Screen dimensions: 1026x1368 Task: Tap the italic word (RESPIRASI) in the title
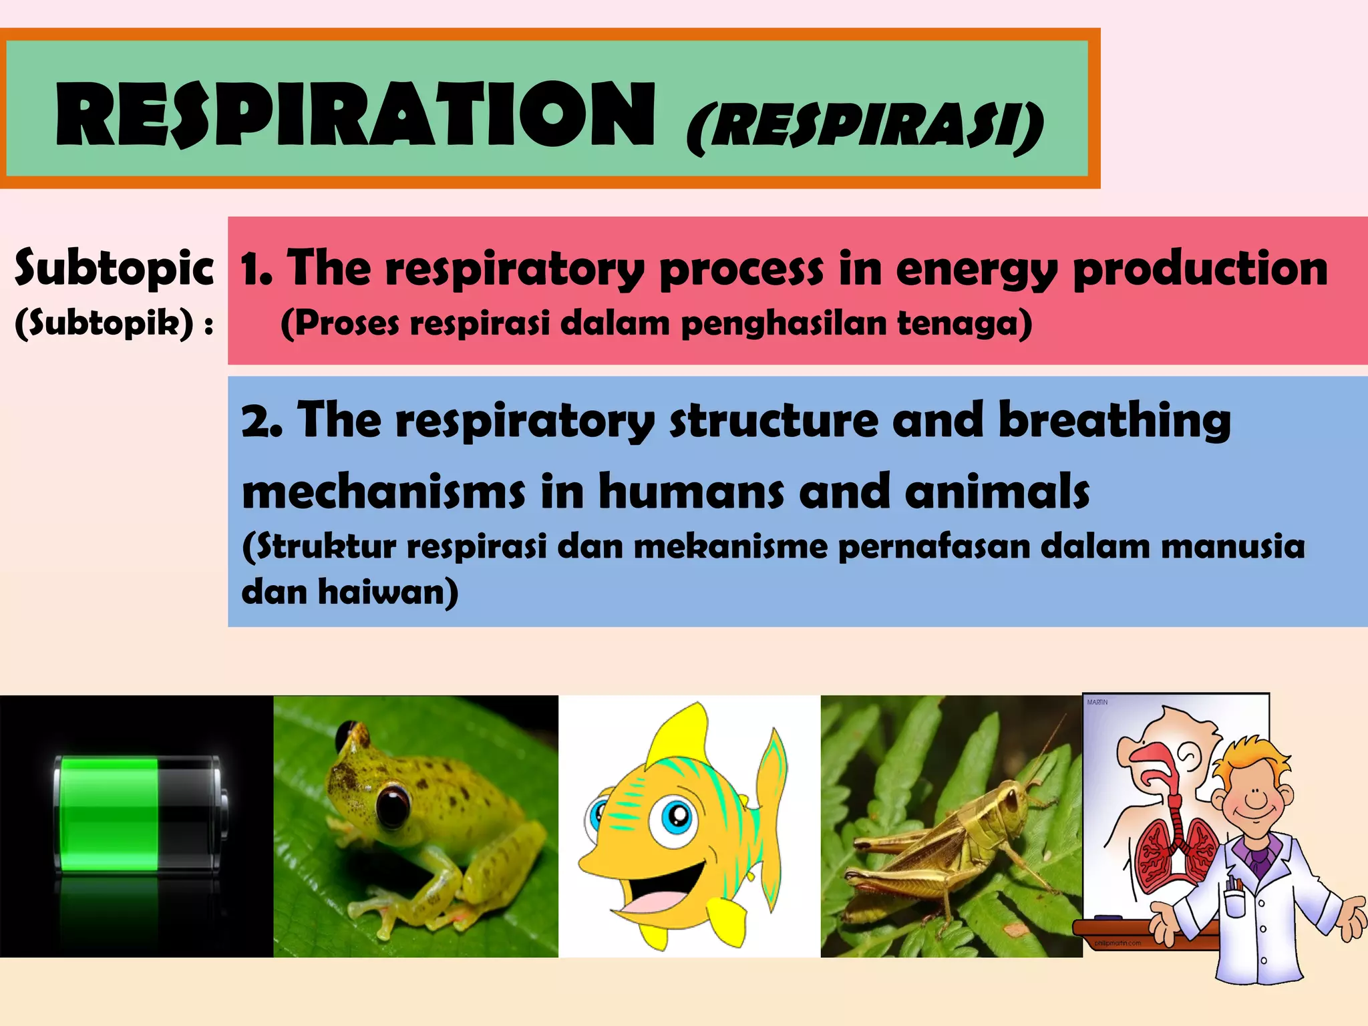point(865,127)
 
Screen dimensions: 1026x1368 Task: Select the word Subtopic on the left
point(114,267)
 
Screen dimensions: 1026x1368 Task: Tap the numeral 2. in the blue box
point(261,421)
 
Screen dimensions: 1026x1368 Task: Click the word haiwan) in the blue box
point(387,592)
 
